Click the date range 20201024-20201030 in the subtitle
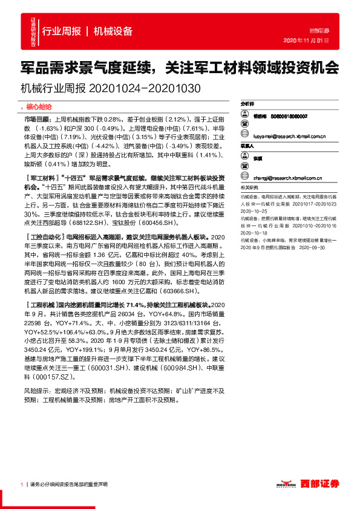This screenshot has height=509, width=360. coord(145,88)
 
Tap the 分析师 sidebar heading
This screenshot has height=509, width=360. coord(248,104)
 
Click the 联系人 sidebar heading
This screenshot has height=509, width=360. coord(248,146)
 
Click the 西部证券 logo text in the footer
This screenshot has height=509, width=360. coord(321,484)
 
